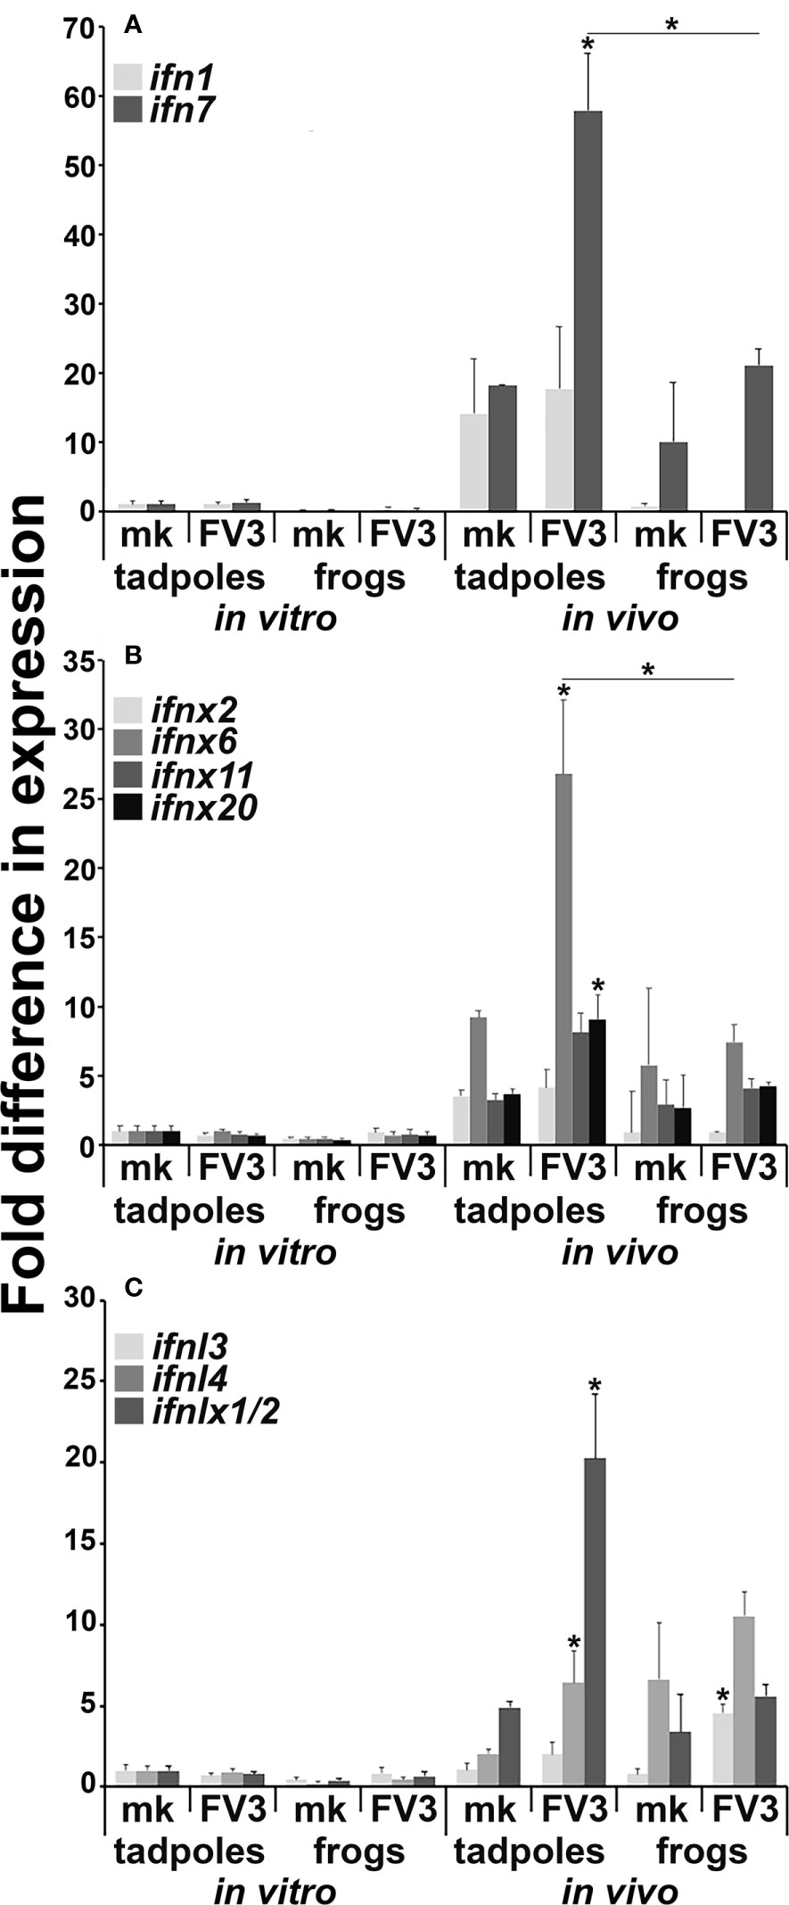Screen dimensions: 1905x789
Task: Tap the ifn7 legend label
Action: [x=183, y=109]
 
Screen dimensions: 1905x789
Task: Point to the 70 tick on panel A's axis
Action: [x=79, y=29]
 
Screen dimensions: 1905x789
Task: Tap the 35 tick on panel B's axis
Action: [x=81, y=662]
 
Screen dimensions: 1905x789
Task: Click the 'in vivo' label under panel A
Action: [x=620, y=618]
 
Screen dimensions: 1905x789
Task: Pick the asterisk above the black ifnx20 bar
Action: [x=598, y=985]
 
